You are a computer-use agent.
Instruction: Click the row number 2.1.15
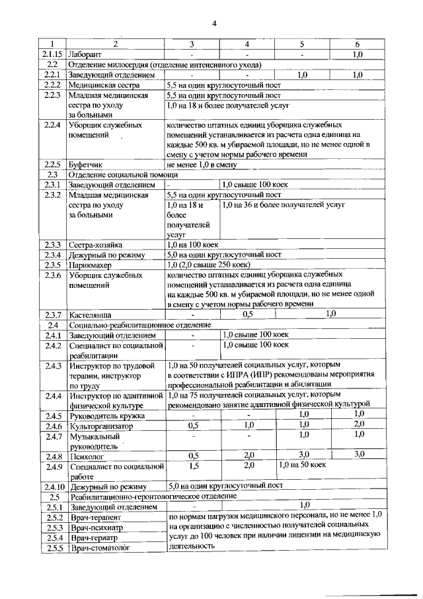52,54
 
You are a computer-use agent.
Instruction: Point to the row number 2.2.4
52,125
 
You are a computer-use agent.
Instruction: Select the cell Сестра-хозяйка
96,244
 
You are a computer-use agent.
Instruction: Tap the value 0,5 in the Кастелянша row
249,314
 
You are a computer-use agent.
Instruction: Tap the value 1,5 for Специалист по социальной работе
194,466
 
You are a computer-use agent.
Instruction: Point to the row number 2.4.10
52,486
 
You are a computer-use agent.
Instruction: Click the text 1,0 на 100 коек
190,244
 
